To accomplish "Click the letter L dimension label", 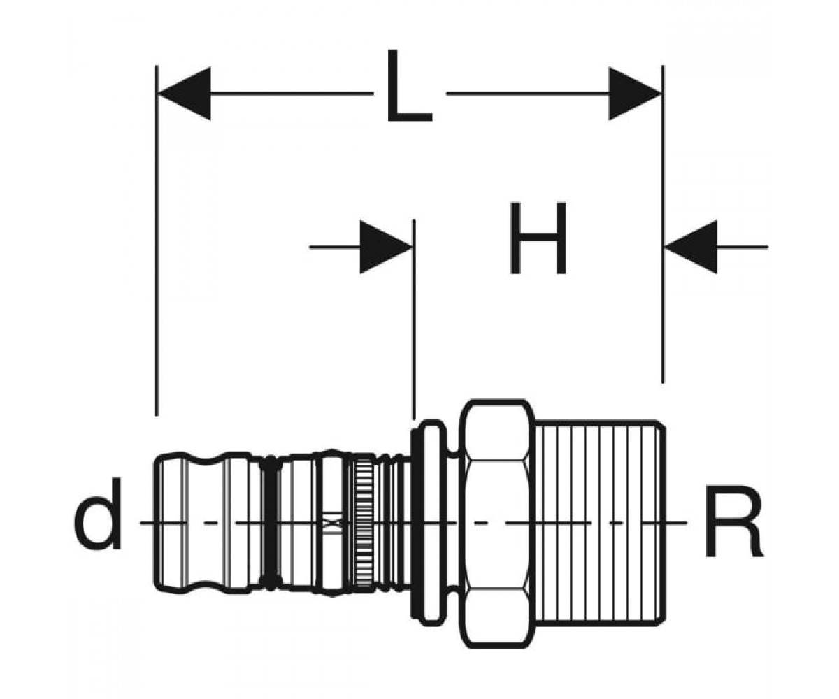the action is point(409,85).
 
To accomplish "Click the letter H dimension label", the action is point(538,238).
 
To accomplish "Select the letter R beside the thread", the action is point(733,521).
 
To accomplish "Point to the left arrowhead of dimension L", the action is point(184,94).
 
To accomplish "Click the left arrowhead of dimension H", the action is point(386,247).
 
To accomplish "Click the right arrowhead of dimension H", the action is point(690,247).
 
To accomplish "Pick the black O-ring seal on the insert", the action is point(270,523).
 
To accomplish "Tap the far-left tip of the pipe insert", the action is point(155,522).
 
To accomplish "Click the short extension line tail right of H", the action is point(742,247).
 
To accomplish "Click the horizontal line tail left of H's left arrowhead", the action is point(335,247).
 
